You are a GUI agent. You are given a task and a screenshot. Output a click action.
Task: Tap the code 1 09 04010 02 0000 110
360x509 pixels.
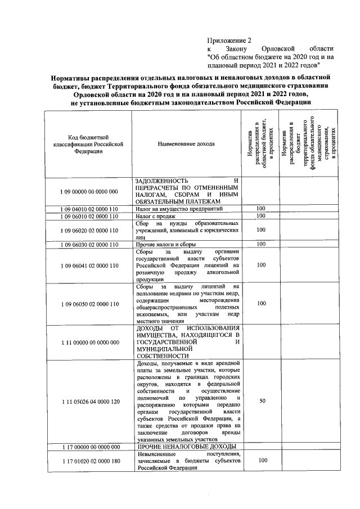click(88, 209)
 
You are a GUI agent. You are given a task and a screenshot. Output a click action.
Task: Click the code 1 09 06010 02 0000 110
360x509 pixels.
click(88, 216)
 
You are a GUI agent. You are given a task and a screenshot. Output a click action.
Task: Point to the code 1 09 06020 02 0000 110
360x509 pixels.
click(88, 230)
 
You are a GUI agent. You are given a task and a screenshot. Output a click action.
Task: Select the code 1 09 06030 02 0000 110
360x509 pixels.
click(88, 244)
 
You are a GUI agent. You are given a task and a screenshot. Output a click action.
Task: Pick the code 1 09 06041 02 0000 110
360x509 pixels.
click(88, 265)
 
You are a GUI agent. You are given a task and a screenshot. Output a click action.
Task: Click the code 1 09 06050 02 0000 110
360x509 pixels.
click(88, 304)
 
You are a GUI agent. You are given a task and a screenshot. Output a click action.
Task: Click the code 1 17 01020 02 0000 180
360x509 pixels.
click(88, 461)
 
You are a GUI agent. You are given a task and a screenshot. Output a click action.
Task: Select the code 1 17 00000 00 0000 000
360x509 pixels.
click(88, 447)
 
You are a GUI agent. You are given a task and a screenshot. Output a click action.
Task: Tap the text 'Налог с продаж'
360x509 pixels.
click(156, 216)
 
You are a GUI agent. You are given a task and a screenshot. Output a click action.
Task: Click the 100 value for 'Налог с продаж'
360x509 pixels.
click(260, 216)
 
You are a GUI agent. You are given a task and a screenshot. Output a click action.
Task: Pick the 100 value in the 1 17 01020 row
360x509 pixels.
click(260, 461)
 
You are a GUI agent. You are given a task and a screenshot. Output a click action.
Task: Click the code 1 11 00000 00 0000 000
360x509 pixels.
click(88, 341)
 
